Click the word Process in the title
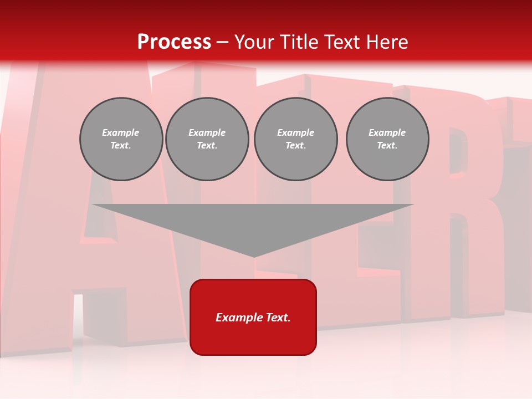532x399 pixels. pyautogui.click(x=174, y=42)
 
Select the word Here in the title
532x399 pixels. pyautogui.click(x=387, y=42)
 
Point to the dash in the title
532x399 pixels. pyautogui.click(x=222, y=43)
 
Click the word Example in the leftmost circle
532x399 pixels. pyautogui.click(x=121, y=132)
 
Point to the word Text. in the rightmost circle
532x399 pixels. pyautogui.click(x=387, y=145)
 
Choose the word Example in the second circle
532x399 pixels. pyautogui.click(x=207, y=132)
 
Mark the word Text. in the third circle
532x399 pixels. pyautogui.click(x=295, y=145)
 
